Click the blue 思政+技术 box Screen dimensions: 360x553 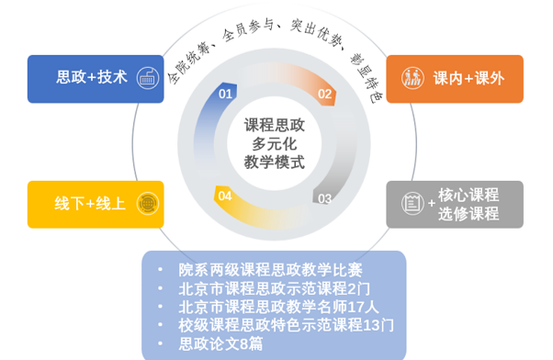coord(96,78)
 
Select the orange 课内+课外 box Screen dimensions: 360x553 coord(454,78)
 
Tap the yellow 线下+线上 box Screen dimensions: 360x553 coord(96,203)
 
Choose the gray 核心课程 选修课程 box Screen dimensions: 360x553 coord(454,204)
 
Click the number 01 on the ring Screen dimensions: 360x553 coord(225,94)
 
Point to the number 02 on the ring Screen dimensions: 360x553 coord(324,94)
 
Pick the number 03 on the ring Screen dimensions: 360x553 coord(324,197)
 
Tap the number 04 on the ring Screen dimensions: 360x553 coord(225,196)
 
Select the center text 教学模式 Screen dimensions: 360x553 coord(275,163)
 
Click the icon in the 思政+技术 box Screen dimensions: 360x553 coord(145,78)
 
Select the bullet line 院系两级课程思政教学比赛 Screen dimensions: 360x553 coord(270,270)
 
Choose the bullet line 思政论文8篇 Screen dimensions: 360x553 coord(220,343)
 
